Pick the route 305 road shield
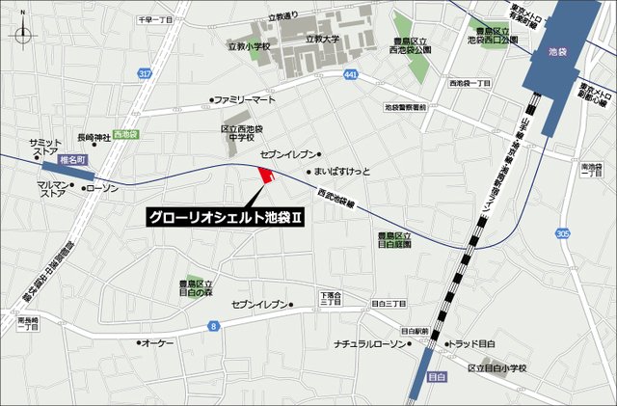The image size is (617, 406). [563, 233]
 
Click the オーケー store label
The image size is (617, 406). [156, 342]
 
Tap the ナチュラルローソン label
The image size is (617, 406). [373, 343]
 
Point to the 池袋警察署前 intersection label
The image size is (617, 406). [405, 108]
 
